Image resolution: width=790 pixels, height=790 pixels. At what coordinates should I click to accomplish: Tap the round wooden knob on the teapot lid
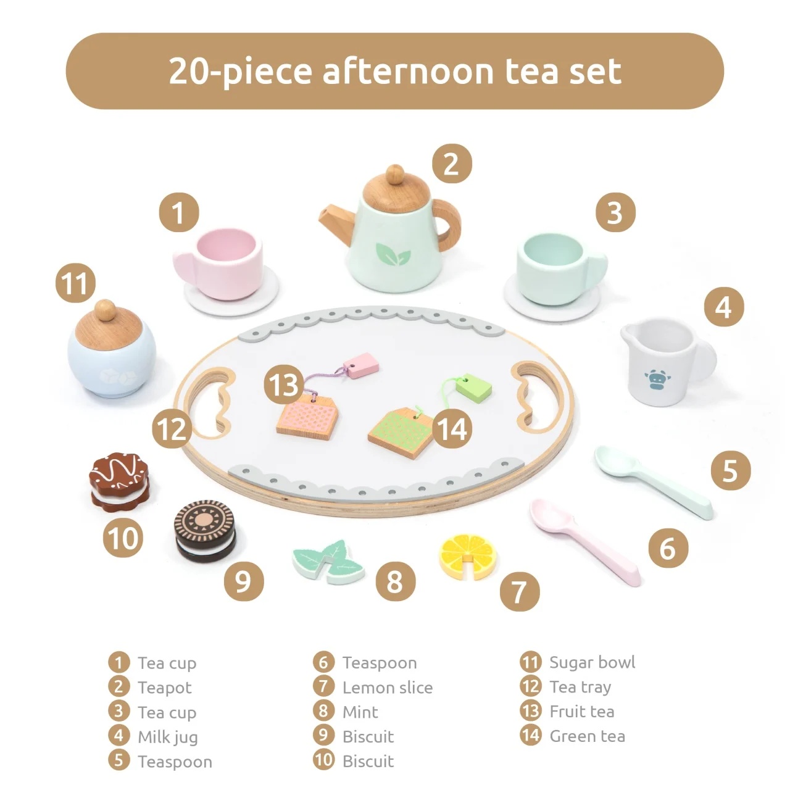click(395, 174)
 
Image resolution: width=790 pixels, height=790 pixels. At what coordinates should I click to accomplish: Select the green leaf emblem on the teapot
click(393, 254)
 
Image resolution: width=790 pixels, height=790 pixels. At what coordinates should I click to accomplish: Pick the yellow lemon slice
click(468, 556)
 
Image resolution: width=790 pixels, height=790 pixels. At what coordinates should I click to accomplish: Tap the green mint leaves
click(328, 562)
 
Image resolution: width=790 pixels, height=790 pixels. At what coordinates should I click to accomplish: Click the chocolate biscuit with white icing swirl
click(119, 482)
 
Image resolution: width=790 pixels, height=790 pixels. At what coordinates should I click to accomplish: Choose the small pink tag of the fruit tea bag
click(361, 365)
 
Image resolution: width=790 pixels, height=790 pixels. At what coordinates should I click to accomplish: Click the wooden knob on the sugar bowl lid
click(105, 310)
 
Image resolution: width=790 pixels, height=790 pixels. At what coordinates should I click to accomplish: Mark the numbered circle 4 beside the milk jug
click(724, 307)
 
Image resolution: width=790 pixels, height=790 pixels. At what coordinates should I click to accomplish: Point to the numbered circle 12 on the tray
click(172, 429)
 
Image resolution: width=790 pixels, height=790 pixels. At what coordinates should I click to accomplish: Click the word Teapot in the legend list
click(164, 688)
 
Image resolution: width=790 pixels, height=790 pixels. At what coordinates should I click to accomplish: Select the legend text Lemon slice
click(388, 688)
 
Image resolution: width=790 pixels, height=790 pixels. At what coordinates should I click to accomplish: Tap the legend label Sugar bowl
click(592, 662)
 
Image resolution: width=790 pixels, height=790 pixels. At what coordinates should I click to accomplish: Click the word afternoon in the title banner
click(408, 71)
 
